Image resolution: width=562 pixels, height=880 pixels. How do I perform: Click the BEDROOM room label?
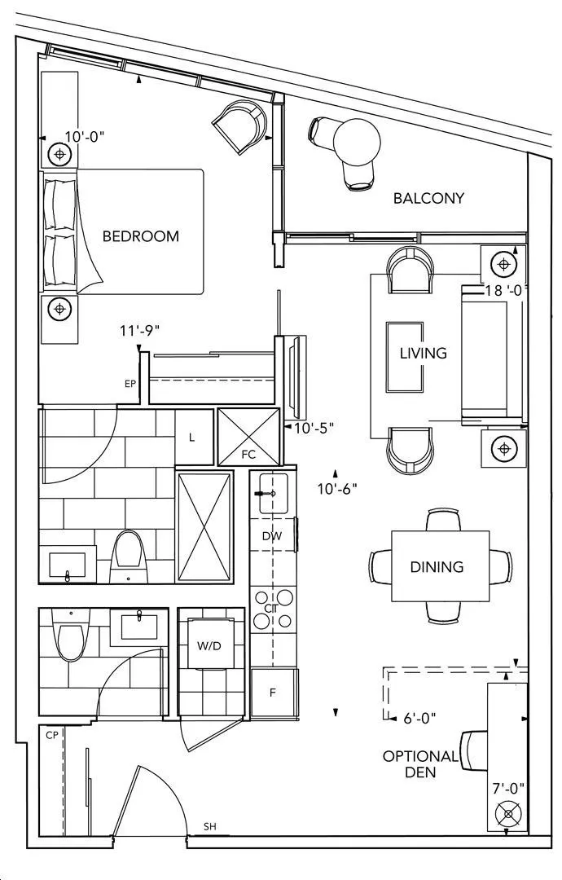[141, 235]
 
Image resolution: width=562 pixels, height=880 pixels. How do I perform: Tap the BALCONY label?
[428, 198]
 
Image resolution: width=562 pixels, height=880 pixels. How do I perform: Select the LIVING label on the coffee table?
[424, 353]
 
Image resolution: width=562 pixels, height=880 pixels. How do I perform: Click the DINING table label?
[437, 566]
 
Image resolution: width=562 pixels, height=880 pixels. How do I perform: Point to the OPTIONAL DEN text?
[420, 763]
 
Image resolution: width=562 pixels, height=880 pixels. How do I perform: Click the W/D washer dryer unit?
[209, 645]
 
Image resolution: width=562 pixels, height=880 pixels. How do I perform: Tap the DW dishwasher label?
[272, 536]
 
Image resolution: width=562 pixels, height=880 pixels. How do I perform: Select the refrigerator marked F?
[273, 693]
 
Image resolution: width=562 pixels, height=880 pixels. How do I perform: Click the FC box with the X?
[248, 437]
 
